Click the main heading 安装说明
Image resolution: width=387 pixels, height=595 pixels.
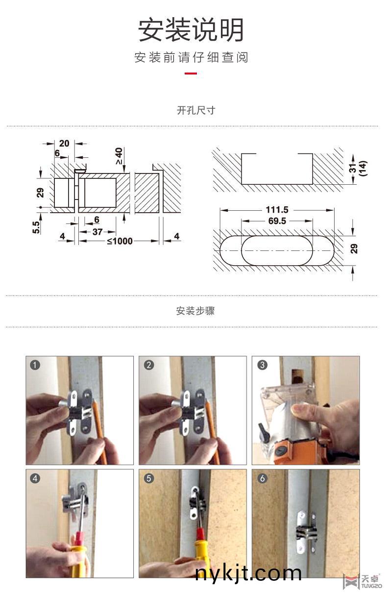tap(191, 30)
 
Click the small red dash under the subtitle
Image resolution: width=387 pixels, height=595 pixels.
tap(191, 74)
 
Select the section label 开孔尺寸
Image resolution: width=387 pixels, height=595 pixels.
tap(196, 110)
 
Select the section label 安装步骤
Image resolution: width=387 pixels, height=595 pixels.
tap(195, 311)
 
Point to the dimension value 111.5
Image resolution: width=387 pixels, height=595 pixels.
tap(277, 210)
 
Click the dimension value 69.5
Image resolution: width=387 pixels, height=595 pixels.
tap(277, 221)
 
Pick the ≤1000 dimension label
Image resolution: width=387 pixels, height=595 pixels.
tap(120, 241)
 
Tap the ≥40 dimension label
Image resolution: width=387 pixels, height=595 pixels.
tap(119, 156)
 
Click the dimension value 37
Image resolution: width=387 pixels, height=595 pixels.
tap(97, 232)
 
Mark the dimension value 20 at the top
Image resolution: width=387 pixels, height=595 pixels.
tap(64, 143)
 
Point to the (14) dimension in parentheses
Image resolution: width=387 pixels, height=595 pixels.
tap(363, 169)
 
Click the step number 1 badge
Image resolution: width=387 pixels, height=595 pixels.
tap(34, 365)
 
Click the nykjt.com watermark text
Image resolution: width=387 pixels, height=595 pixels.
tap(248, 573)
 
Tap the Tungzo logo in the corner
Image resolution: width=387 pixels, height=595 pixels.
tap(362, 581)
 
